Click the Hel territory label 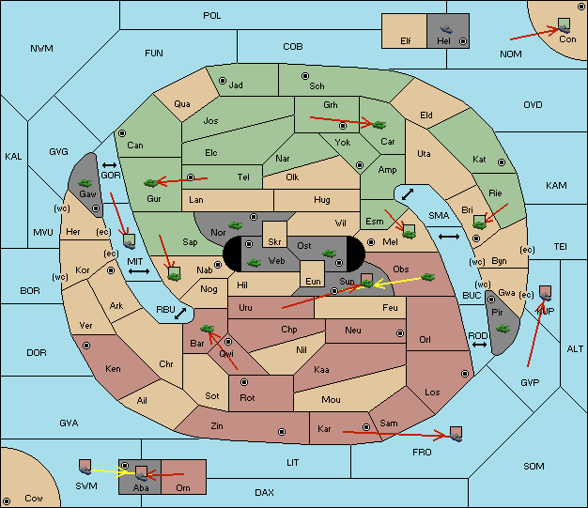point(443,41)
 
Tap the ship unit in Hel point(446,29)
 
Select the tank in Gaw point(85,183)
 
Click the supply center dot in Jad point(223,81)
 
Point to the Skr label point(274,242)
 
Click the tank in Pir point(503,329)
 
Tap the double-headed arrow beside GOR point(110,165)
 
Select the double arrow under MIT point(139,271)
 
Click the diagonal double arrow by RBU point(180,314)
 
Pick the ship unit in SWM point(85,468)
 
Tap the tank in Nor point(236,225)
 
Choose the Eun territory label point(313,282)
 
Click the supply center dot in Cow point(7,501)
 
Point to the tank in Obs point(428,277)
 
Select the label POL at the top point(212,16)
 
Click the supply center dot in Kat point(502,162)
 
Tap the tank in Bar point(207,329)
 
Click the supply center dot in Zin point(282,432)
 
